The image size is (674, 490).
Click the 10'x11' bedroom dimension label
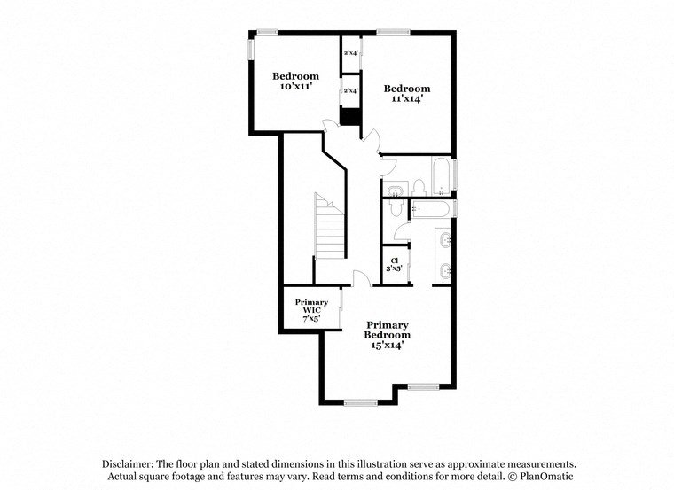point(295,87)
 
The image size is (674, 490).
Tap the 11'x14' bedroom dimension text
point(406,99)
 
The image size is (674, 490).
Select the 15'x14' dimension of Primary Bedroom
point(388,346)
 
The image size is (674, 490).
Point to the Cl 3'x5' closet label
point(394,264)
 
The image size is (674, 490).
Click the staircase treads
point(329,227)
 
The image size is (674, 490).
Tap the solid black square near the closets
point(350,117)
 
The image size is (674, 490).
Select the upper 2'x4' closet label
point(350,53)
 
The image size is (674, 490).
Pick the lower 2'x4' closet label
point(350,90)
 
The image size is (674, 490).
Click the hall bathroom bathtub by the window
point(440,174)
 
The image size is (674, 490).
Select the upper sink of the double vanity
point(444,240)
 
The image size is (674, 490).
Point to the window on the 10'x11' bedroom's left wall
point(250,50)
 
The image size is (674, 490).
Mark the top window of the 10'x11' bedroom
point(266,33)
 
